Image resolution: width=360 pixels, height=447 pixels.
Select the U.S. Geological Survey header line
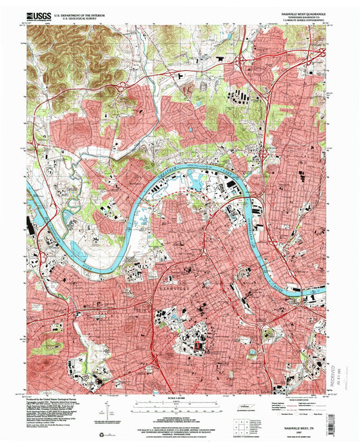click(76, 16)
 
